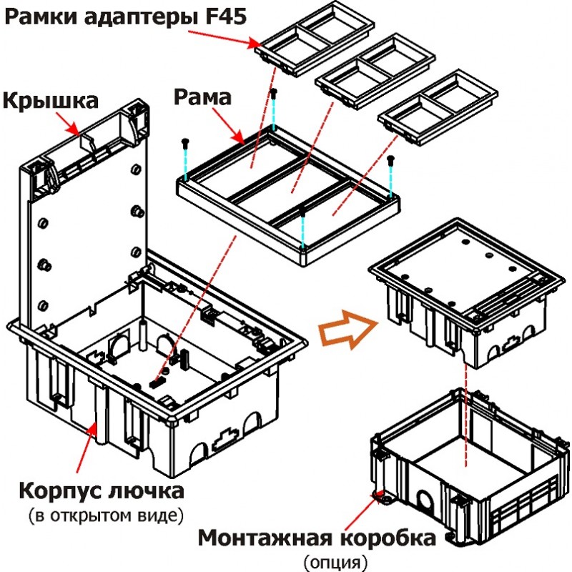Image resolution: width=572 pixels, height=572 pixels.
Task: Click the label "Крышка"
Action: point(49,102)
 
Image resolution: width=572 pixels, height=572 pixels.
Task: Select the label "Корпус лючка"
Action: point(101,493)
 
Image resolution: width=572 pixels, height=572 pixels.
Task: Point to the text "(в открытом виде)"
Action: point(100,515)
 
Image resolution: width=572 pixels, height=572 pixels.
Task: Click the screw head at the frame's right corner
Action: point(390,160)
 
